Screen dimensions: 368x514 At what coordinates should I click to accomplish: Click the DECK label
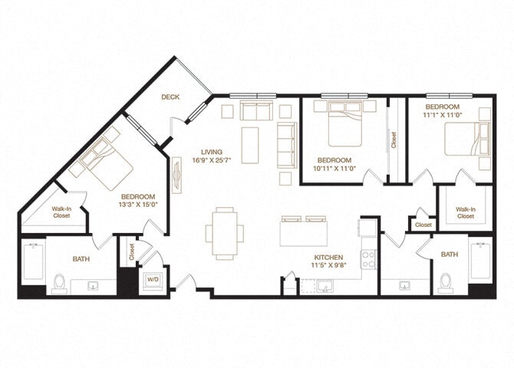pos(170,97)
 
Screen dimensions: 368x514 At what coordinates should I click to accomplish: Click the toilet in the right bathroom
pos(446,283)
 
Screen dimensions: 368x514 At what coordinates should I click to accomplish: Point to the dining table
pos(225,232)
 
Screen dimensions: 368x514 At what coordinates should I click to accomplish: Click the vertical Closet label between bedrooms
pos(394,140)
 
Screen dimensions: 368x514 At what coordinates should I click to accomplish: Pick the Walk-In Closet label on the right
pos(465,212)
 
